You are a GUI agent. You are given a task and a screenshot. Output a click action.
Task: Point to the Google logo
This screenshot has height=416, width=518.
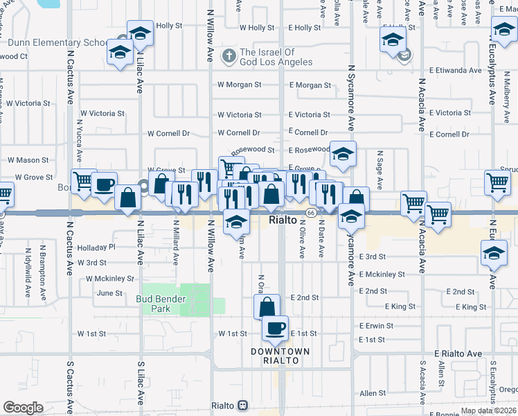23,407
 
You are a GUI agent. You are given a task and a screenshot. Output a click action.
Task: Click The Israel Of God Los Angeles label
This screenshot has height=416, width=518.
267,57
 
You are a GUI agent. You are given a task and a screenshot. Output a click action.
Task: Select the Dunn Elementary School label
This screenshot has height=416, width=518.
57,42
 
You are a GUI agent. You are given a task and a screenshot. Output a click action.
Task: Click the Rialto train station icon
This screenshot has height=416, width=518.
243,406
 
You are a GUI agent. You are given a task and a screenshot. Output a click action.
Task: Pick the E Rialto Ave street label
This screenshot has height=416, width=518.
458,354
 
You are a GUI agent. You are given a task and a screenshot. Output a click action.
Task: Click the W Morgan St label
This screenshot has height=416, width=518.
239,85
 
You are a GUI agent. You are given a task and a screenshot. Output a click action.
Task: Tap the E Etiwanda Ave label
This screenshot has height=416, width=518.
455,71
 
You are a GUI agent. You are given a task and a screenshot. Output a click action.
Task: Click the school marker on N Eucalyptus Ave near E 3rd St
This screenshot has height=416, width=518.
494,253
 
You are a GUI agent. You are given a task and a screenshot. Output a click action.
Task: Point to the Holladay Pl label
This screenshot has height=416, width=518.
96,247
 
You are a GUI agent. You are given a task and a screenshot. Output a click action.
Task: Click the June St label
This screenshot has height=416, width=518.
109,293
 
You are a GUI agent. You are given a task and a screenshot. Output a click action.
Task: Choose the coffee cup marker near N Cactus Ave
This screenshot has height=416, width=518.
104,185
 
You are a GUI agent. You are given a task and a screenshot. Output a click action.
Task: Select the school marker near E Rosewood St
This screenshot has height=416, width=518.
342,155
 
